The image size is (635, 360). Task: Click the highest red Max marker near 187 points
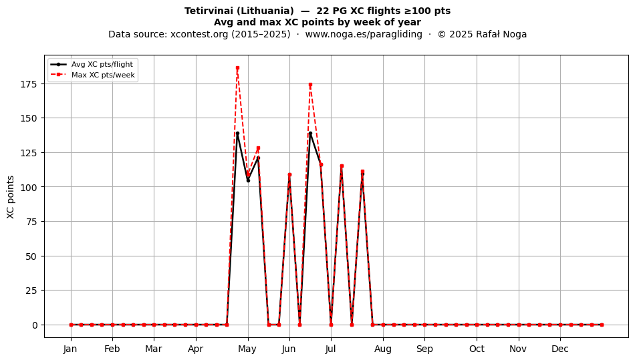tap(237, 68)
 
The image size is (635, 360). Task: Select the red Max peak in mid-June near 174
tap(310, 85)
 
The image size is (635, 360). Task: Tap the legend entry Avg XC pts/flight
tap(102, 64)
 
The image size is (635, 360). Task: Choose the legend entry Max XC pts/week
tap(103, 75)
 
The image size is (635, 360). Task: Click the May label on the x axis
tap(247, 349)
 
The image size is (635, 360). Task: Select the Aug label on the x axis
tap(383, 349)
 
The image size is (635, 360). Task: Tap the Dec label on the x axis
tap(560, 349)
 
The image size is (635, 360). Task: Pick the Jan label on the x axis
tap(70, 349)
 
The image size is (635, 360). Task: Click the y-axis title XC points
tap(11, 197)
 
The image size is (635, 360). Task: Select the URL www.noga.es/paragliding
tap(364, 34)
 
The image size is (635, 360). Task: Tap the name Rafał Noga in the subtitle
tap(501, 34)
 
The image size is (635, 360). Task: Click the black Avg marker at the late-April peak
tap(237, 133)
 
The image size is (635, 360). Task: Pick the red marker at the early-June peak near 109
tap(289, 175)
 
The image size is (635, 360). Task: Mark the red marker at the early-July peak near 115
tap(342, 166)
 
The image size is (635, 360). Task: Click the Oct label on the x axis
tap(477, 349)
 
